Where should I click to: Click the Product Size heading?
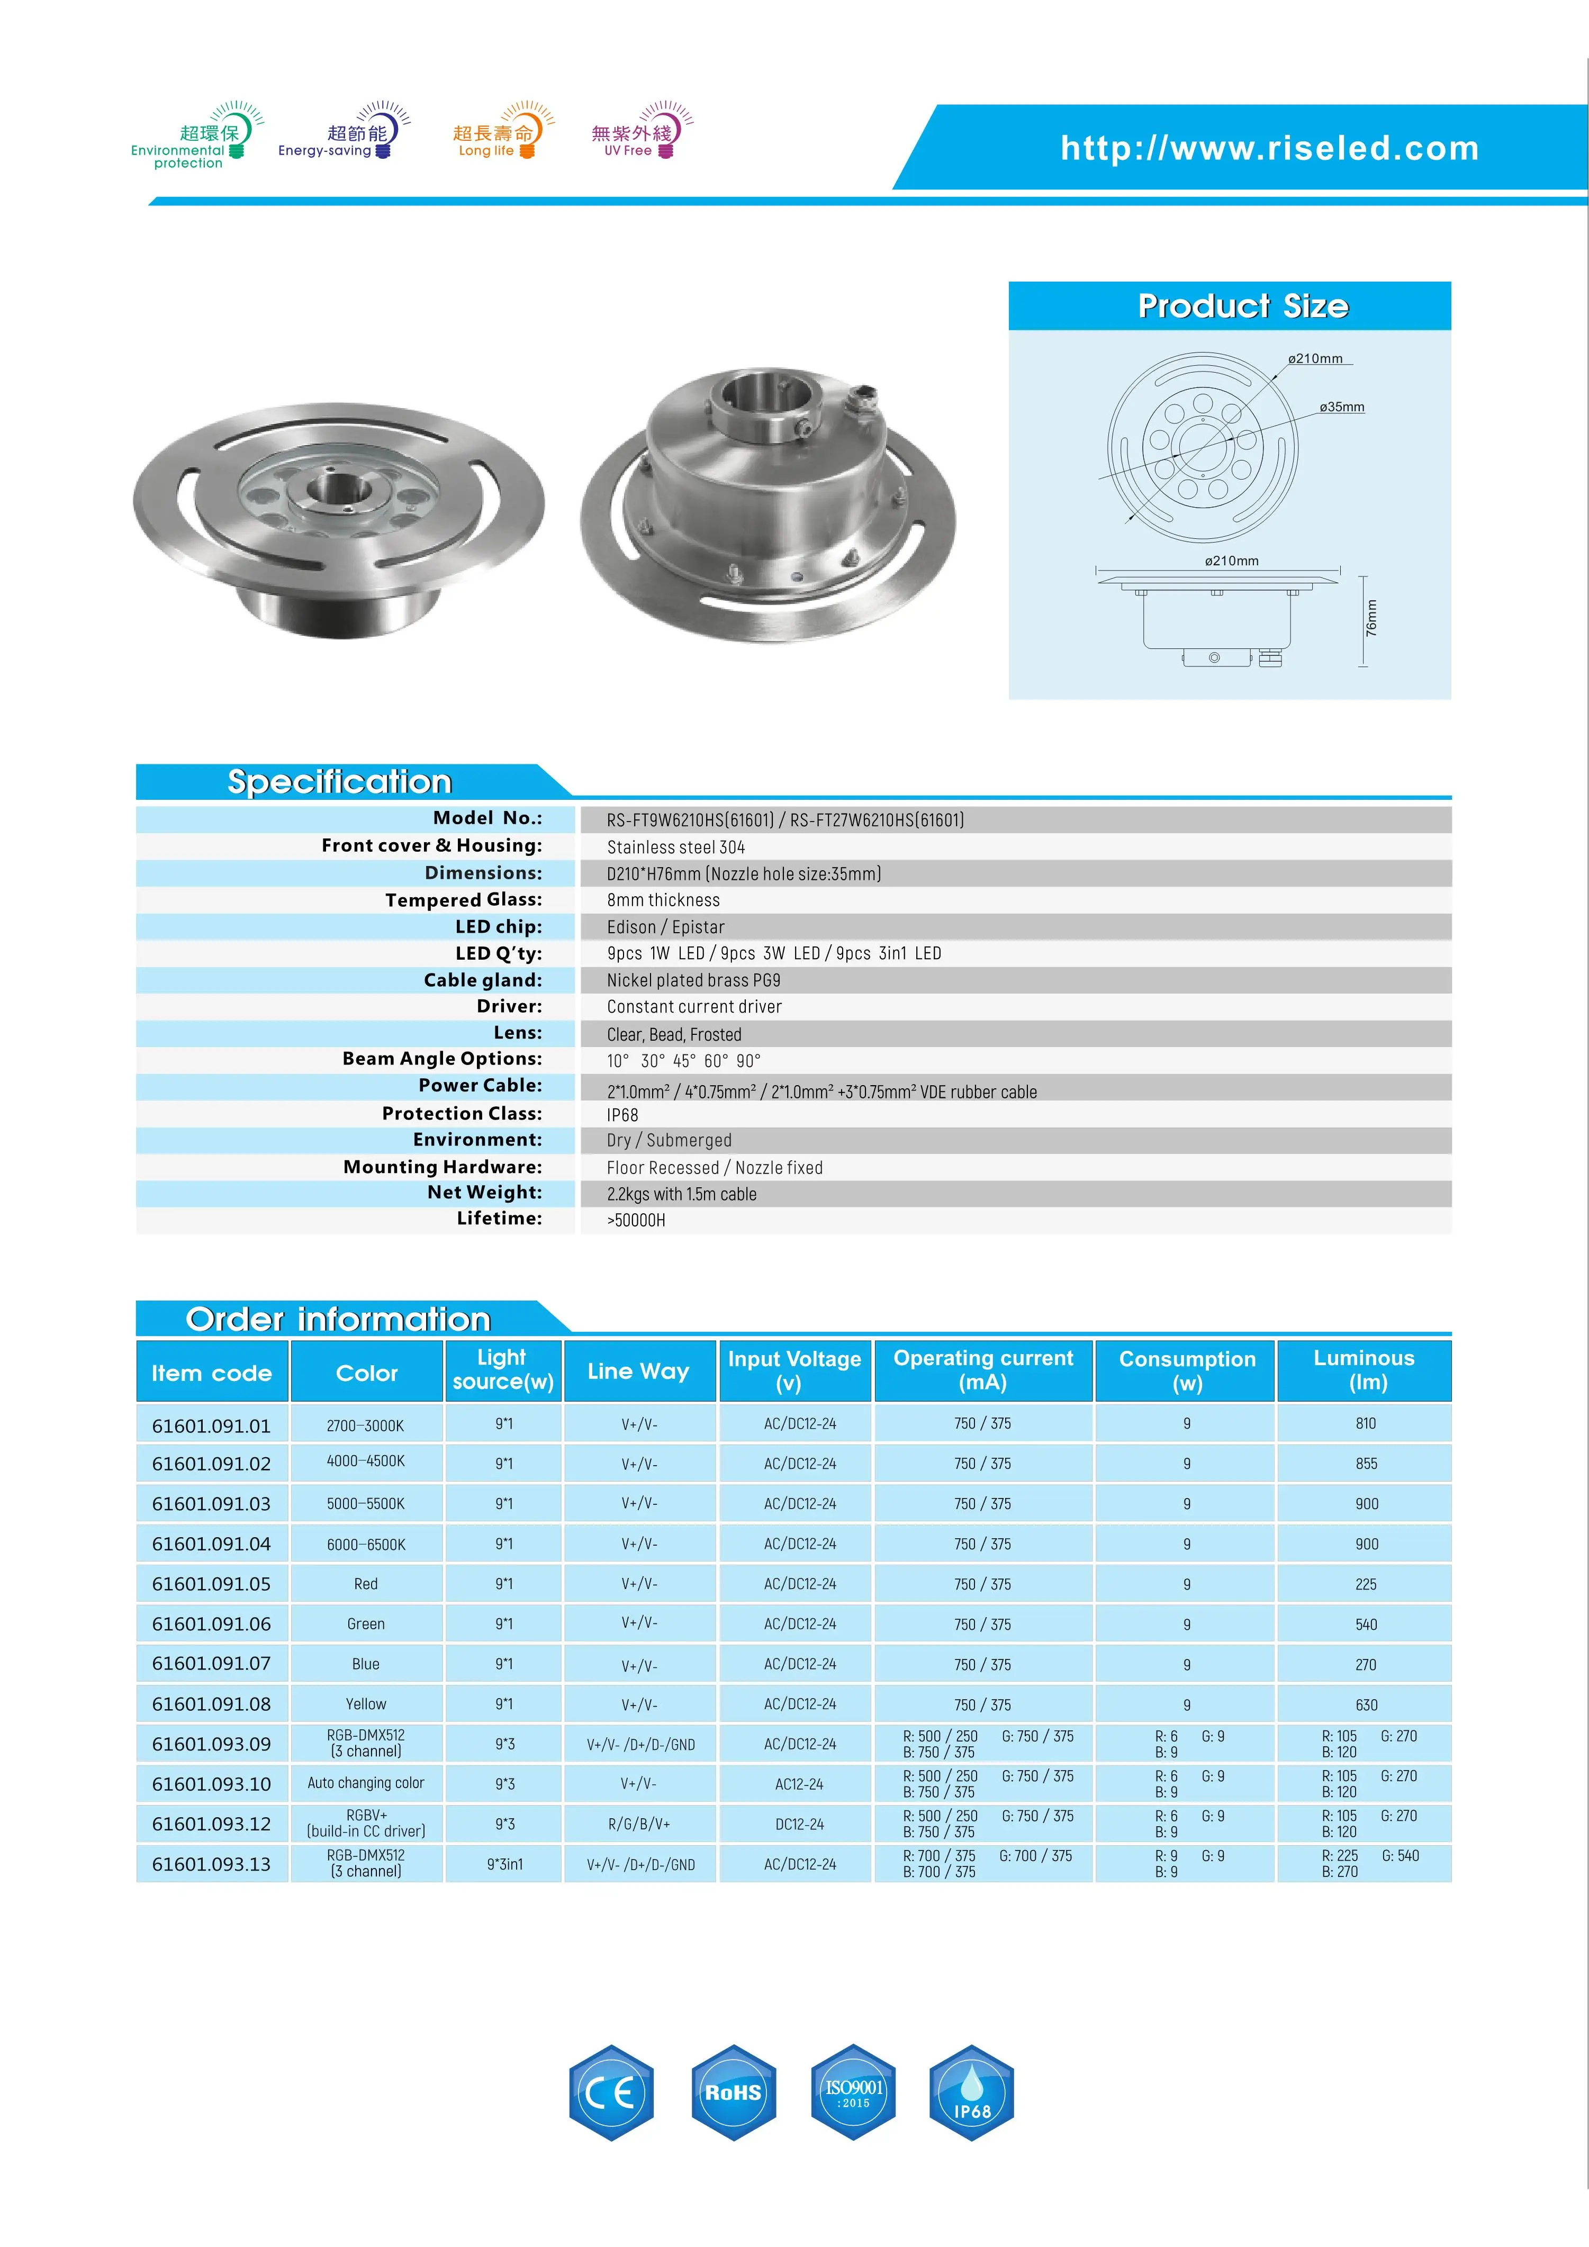[x=1243, y=306]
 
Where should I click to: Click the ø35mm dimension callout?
[x=1341, y=407]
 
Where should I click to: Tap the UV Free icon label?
[x=627, y=151]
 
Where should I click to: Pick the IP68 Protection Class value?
[x=622, y=1115]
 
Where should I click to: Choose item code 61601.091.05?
[x=211, y=1584]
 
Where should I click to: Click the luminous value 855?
[x=1366, y=1464]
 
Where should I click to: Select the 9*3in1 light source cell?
[x=505, y=1864]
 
